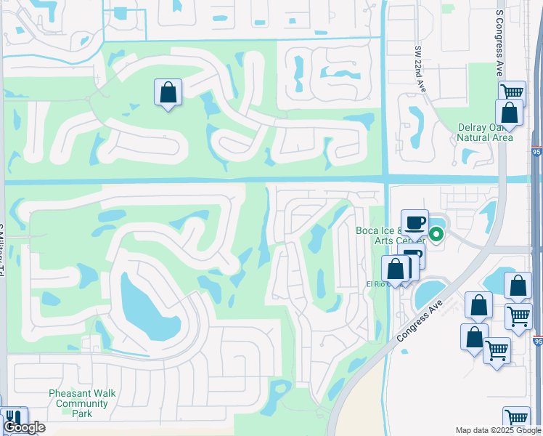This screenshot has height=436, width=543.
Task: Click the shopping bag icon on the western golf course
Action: click(x=168, y=92)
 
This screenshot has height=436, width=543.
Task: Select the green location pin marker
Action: click(x=436, y=234)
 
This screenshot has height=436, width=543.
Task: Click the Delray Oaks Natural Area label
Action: click(x=485, y=132)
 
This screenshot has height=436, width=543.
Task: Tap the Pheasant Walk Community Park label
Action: click(x=82, y=403)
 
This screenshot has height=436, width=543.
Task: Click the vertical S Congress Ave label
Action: click(x=499, y=44)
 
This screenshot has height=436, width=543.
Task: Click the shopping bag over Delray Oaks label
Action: click(x=509, y=113)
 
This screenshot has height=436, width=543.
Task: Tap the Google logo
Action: click(x=24, y=427)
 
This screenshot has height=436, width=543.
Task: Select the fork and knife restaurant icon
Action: click(x=13, y=419)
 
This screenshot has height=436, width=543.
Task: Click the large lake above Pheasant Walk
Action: click(x=149, y=307)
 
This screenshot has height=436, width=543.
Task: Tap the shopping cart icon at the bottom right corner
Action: click(x=516, y=419)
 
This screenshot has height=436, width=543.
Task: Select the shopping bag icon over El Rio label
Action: click(x=396, y=269)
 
